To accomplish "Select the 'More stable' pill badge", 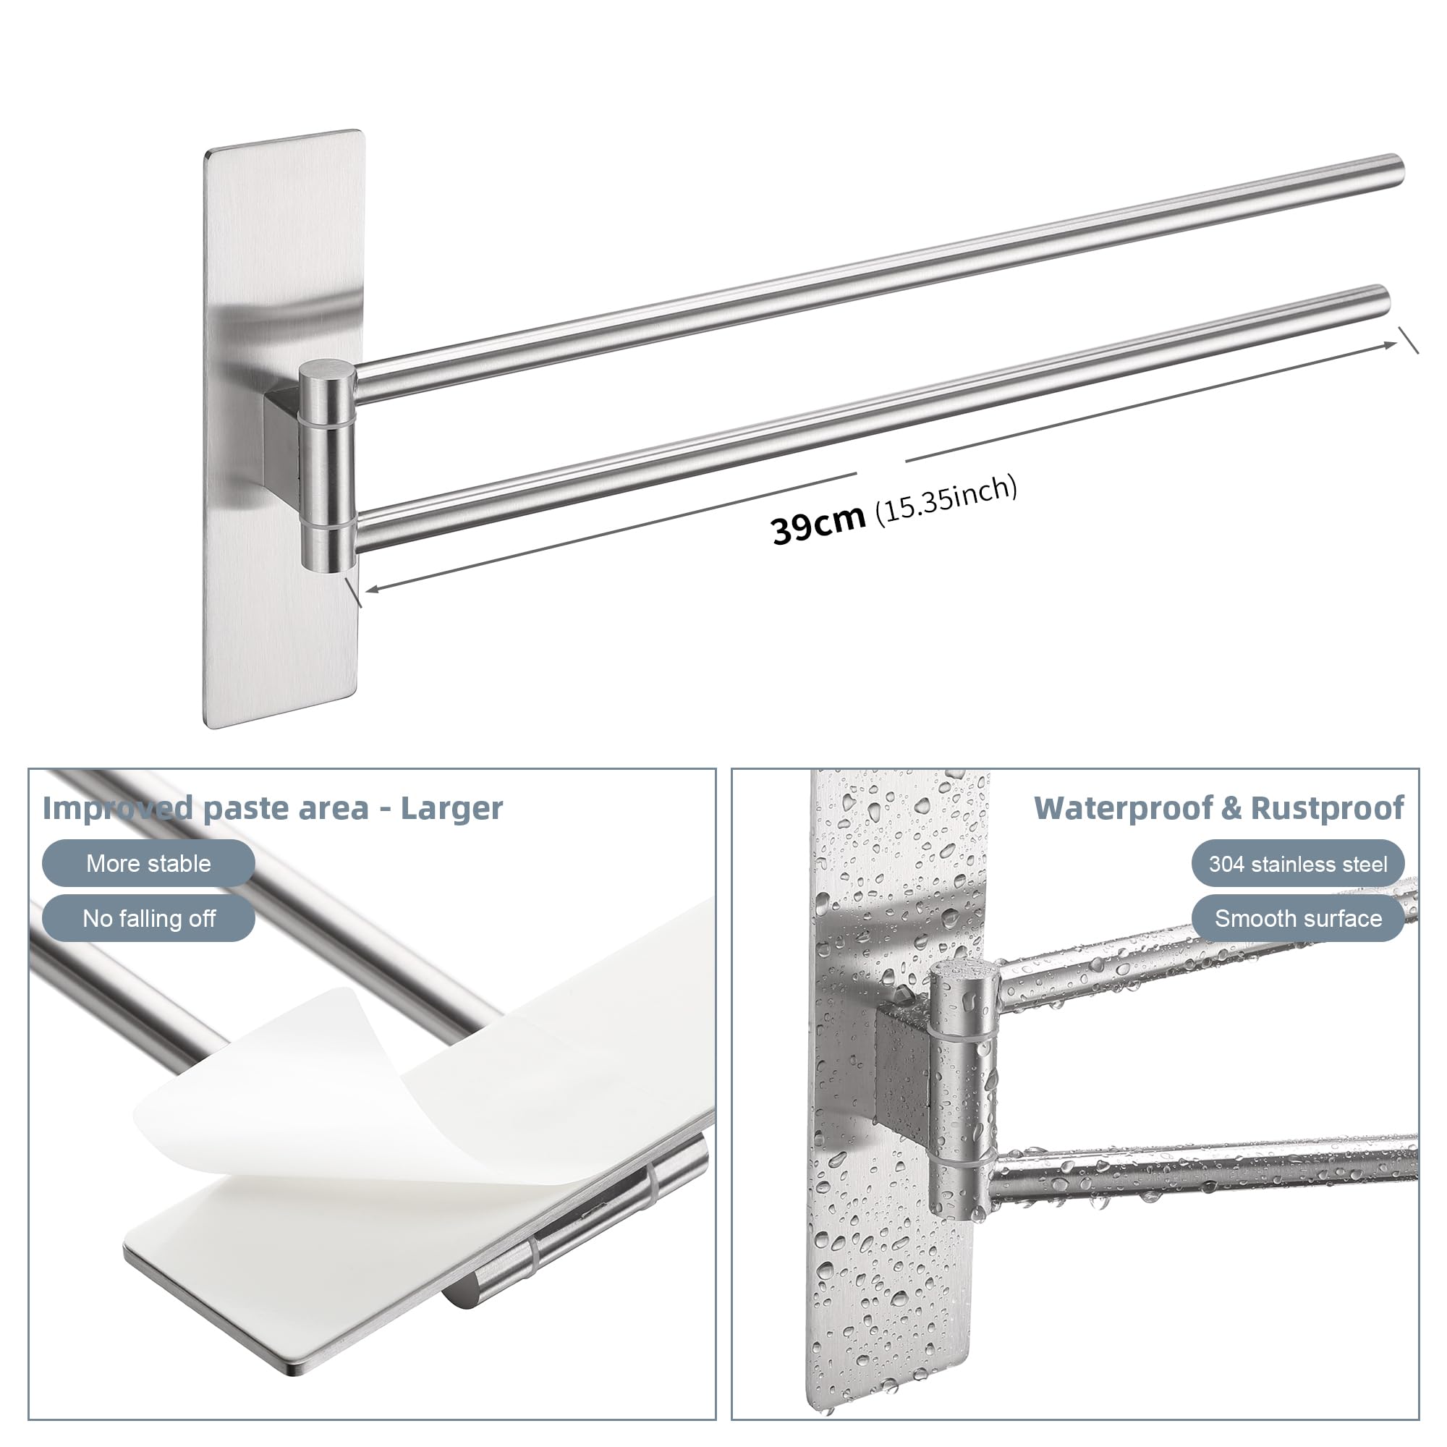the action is click(x=148, y=863).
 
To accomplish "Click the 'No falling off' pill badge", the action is click(x=148, y=917).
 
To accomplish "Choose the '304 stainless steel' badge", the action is click(x=1297, y=864).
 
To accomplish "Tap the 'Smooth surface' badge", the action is click(x=1297, y=918).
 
